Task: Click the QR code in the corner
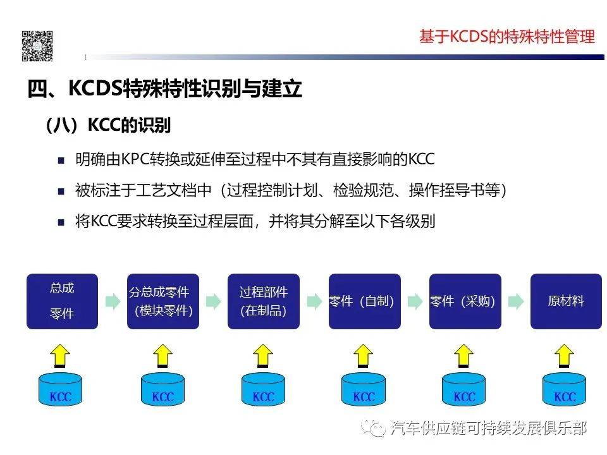click(x=37, y=45)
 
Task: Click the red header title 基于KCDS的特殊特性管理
click(x=507, y=37)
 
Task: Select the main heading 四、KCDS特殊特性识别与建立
click(x=164, y=88)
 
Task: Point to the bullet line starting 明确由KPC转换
click(x=253, y=159)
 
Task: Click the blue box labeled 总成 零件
click(x=62, y=301)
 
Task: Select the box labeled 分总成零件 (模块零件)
click(x=162, y=301)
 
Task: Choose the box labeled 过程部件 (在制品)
click(x=263, y=301)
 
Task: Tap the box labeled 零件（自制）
click(x=364, y=301)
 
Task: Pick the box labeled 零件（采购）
click(x=465, y=301)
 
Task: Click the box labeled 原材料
click(x=566, y=301)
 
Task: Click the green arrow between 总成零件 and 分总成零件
click(x=113, y=301)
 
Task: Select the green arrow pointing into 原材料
click(x=516, y=301)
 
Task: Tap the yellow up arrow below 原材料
click(x=565, y=355)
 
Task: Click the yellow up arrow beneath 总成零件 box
click(x=61, y=355)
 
